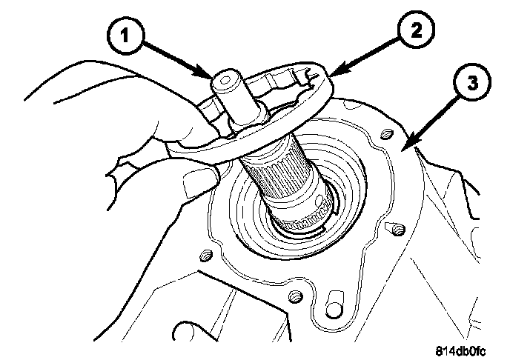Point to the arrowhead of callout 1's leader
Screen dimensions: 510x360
pos(211,76)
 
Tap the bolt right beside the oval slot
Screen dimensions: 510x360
pos(296,297)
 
